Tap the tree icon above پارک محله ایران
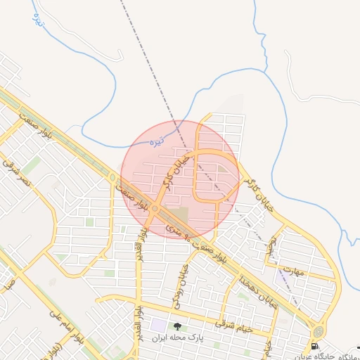coord(177,327)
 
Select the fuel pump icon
coord(314,346)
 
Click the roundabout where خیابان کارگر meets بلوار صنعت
coord(155,208)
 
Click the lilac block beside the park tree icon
coord(158,326)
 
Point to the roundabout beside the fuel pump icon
coord(319,331)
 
